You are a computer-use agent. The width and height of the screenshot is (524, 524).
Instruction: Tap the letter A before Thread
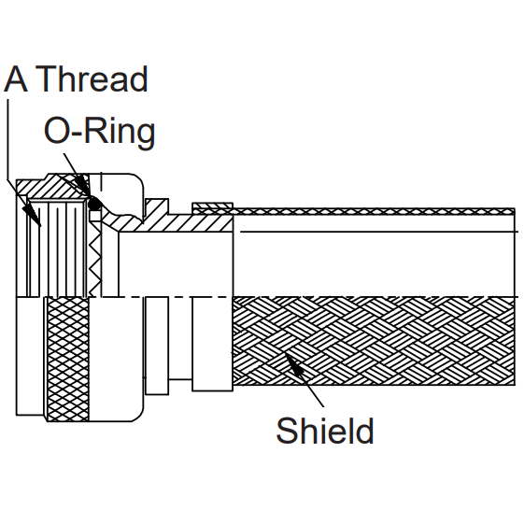15,78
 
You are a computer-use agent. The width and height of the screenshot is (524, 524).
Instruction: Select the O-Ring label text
100,132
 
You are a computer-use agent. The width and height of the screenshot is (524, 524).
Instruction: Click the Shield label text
325,431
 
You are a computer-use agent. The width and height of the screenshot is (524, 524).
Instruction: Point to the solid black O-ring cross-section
95,205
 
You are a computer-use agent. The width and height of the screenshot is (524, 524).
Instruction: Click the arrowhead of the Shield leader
292,362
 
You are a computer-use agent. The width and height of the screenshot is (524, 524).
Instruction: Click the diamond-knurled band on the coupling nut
68,360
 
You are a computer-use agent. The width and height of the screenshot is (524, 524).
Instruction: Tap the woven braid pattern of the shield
374,341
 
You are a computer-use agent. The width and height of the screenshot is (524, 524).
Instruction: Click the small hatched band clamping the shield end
213,208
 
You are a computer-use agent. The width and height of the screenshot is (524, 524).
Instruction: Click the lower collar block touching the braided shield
213,344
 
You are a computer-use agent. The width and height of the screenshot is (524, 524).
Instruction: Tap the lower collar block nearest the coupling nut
157,346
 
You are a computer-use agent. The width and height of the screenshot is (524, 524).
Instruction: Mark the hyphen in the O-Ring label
77,133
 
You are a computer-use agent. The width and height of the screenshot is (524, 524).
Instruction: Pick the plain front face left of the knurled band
30,356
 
